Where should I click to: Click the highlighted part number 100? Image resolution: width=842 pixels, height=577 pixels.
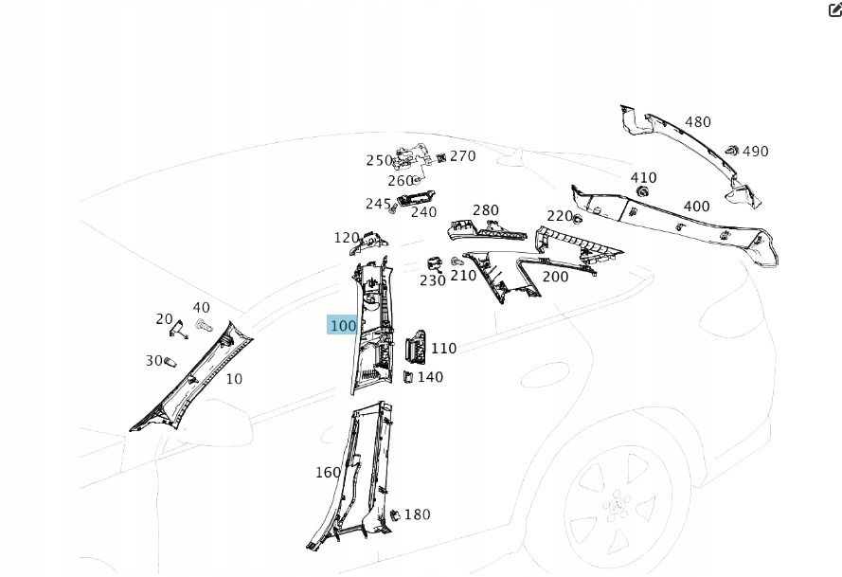343,326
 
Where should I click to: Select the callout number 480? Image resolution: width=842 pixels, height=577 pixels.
698,122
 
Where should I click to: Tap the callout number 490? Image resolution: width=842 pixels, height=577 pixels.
756,152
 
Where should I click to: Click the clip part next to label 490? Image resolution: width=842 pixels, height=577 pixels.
732,150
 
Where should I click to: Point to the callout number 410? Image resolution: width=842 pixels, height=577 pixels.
643,178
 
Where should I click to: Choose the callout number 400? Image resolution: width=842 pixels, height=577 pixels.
696,207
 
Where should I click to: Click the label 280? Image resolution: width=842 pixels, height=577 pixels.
486,210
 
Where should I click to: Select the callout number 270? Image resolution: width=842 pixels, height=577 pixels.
463,156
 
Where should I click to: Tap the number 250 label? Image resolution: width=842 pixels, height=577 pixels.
379,161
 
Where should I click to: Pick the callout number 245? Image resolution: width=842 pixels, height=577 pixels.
378,204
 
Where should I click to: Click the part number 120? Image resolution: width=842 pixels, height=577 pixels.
347,238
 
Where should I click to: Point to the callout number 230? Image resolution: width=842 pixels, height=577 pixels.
433,280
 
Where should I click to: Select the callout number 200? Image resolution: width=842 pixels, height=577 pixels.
555,277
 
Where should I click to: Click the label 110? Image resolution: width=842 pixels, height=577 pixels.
443,349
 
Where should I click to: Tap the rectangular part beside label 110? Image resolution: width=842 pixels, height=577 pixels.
416,349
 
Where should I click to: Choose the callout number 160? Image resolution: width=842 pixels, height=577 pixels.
328,472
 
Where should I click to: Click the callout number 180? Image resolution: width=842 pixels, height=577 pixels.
417,515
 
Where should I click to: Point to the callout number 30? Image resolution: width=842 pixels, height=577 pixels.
154,361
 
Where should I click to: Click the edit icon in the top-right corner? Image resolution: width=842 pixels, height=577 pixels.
833,9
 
